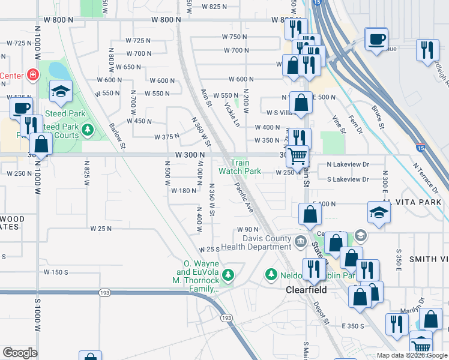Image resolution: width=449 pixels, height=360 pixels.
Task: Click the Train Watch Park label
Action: tap(240, 167)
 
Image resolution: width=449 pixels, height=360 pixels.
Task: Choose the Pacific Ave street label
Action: tap(244, 198)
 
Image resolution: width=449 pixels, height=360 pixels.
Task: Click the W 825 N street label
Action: tap(214, 7)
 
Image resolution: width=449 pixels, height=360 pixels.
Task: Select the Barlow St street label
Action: tap(117, 136)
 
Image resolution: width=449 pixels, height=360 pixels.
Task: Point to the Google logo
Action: tap(20, 353)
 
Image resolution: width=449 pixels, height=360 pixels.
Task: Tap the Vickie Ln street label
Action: tap(231, 113)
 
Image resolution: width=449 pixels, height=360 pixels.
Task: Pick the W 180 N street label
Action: tap(184, 191)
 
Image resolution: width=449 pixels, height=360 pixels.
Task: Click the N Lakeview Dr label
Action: tap(348, 164)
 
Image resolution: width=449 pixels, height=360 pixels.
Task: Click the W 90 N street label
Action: tap(247, 230)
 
